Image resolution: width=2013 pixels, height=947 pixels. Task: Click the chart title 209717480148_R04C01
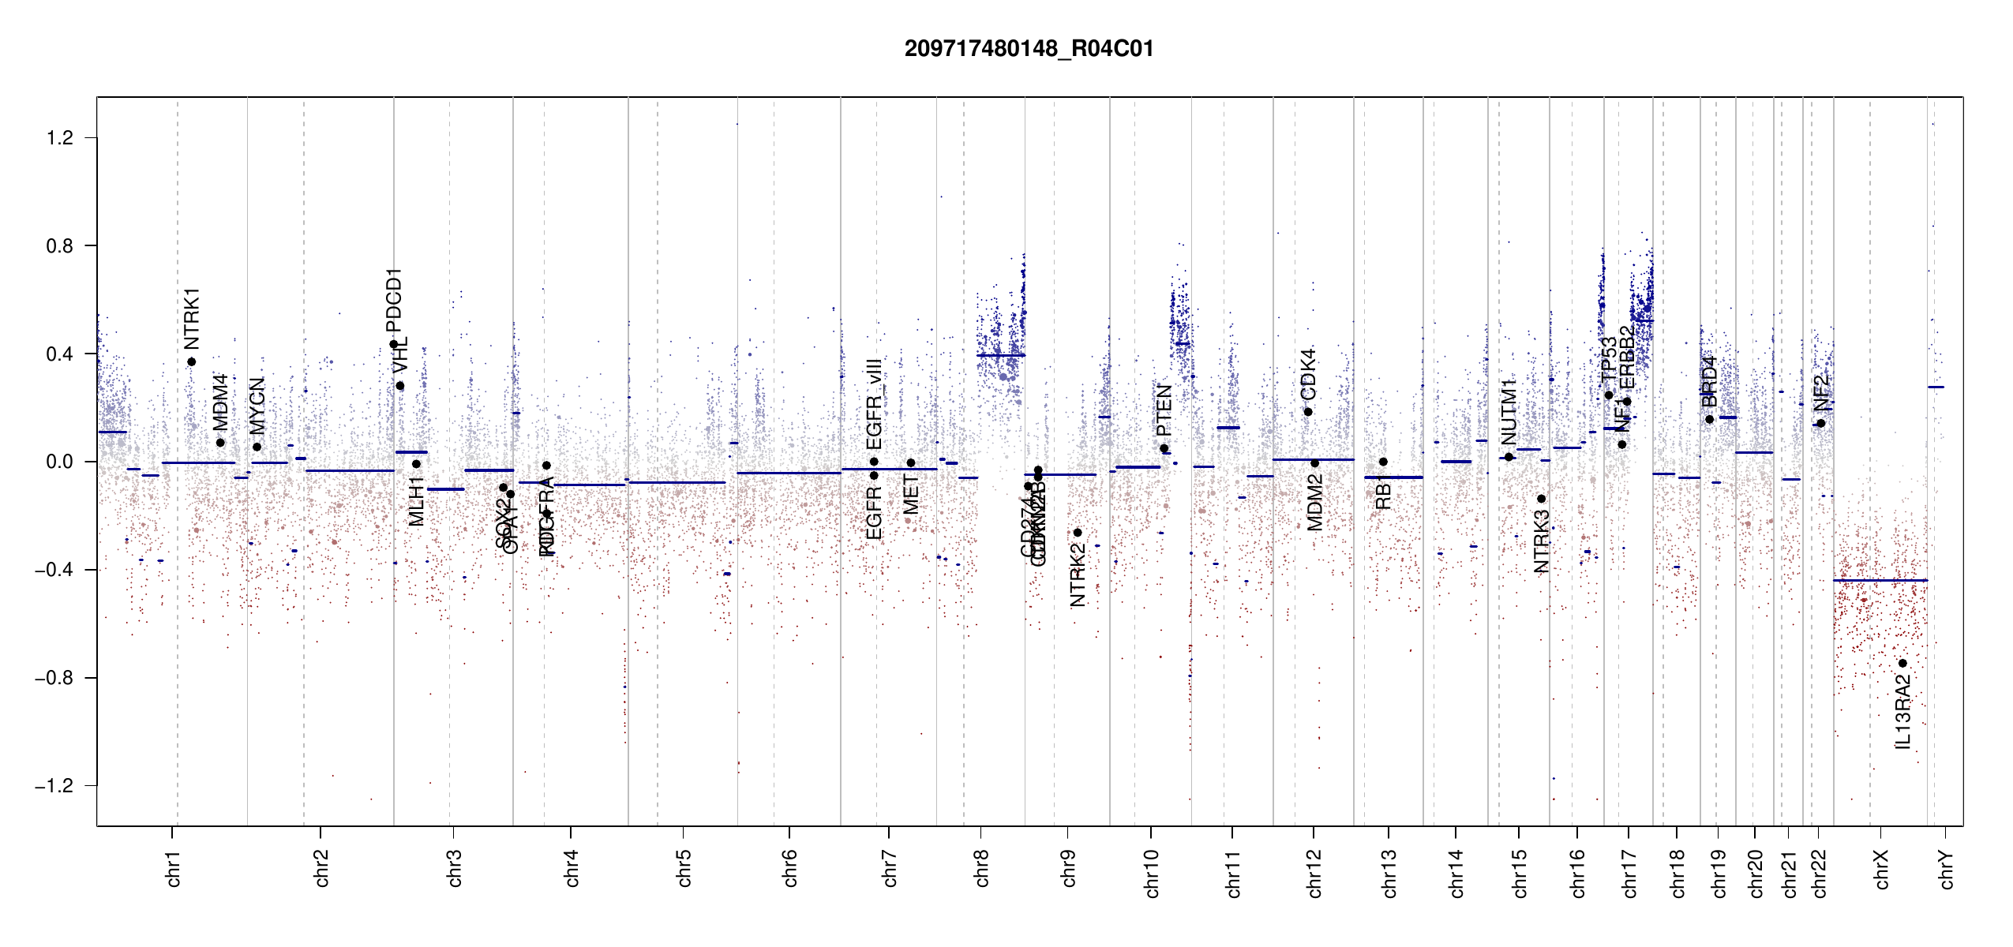(x=1029, y=49)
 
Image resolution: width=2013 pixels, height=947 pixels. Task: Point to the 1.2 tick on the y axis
(x=60, y=138)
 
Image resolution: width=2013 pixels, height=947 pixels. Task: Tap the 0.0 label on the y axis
(x=60, y=462)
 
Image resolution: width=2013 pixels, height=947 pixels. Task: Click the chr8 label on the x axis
(x=981, y=868)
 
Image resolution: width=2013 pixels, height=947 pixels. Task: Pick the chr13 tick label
(x=1389, y=873)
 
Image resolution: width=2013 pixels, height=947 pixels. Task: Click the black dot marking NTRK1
(x=192, y=362)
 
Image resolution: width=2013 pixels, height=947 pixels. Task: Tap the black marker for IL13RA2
(x=1902, y=663)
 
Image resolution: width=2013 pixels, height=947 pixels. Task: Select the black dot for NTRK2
(x=1078, y=533)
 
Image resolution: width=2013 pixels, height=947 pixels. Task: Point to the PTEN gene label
(x=1164, y=410)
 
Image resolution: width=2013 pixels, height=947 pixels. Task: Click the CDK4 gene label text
(x=1308, y=373)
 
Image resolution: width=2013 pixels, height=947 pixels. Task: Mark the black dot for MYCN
(x=257, y=447)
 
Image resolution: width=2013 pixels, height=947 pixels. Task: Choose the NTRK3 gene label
(x=1541, y=541)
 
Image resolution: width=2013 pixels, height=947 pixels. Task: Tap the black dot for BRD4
(x=1709, y=419)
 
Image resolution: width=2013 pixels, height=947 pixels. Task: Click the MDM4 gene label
(x=220, y=402)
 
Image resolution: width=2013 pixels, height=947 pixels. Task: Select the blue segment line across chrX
(x=1879, y=581)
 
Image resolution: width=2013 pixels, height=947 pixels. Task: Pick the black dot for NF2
(x=1820, y=424)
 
